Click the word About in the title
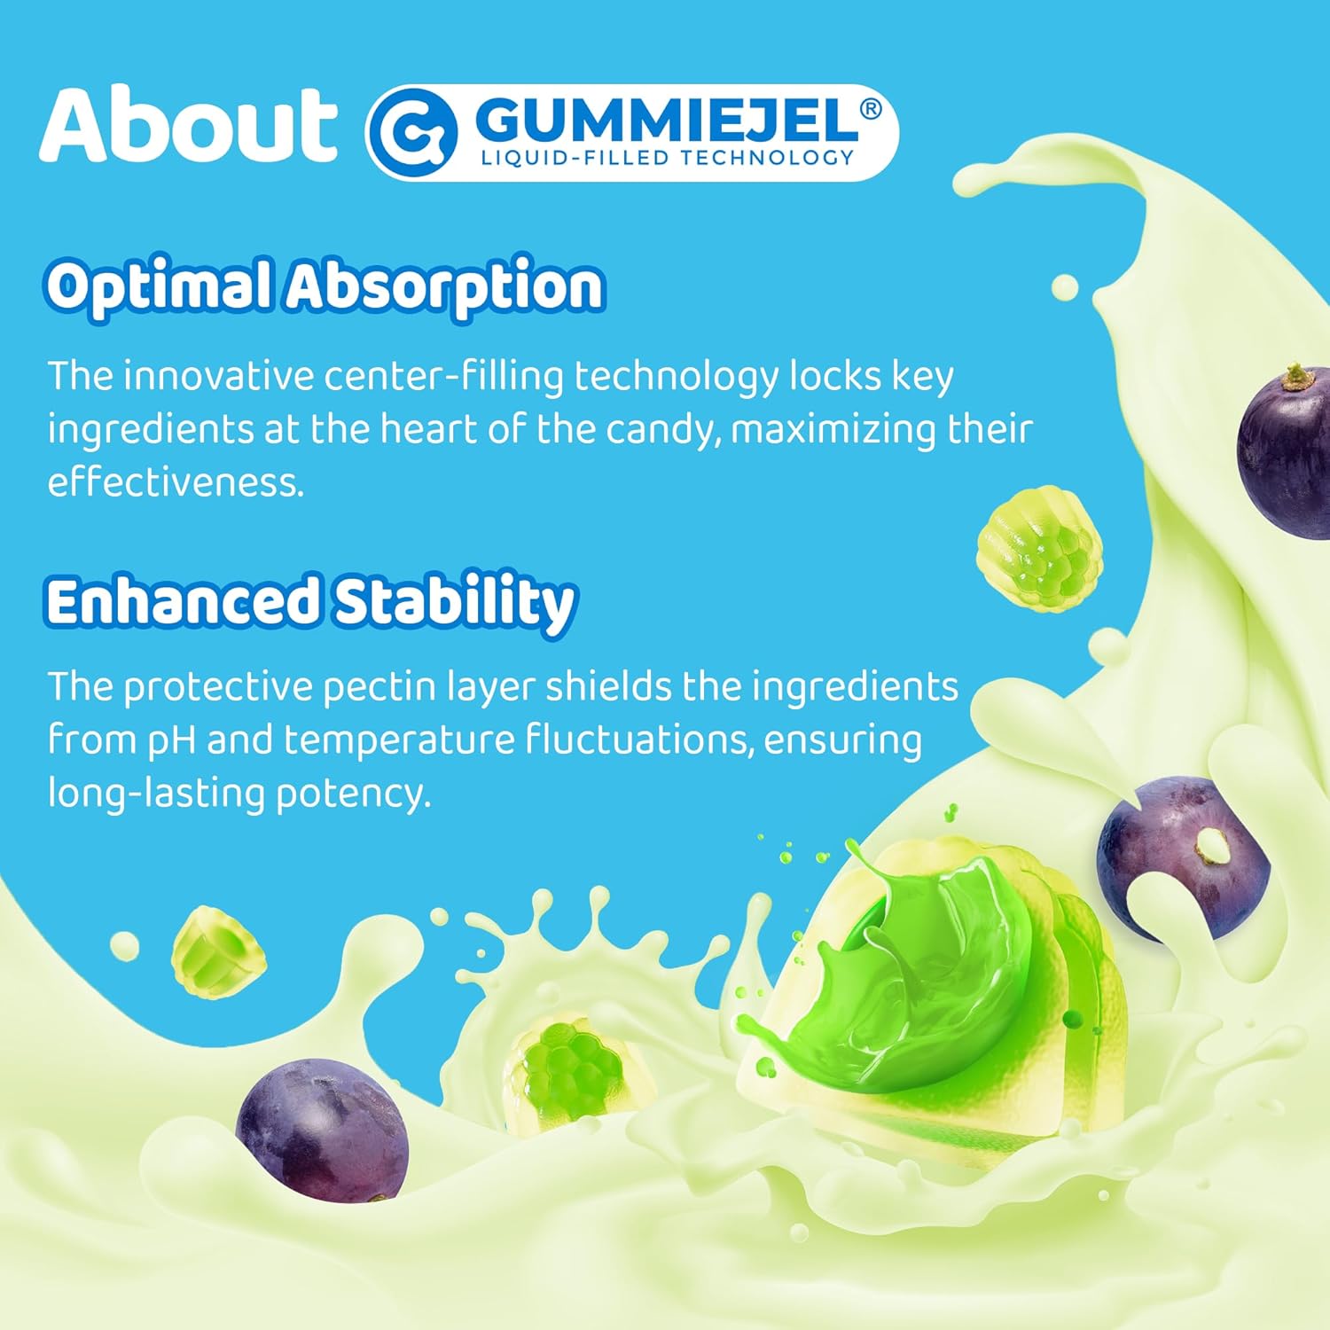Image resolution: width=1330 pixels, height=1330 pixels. point(188,126)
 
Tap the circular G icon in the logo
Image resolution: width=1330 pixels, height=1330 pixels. point(412,134)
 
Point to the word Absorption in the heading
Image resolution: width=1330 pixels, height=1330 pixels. point(445,287)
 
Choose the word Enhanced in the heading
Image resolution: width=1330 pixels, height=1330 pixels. point(182,601)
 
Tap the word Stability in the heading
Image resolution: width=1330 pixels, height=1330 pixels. point(454,603)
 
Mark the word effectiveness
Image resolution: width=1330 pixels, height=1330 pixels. point(176,482)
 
